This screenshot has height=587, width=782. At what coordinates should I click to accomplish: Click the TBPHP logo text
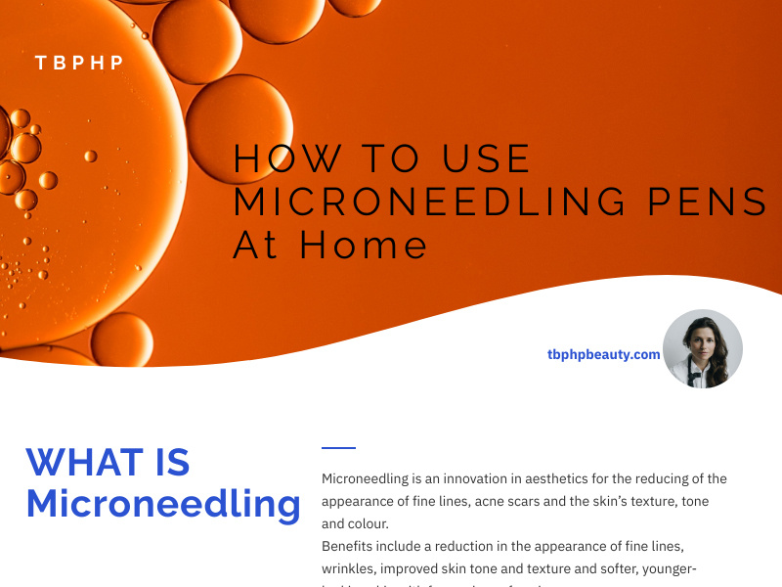coord(79,63)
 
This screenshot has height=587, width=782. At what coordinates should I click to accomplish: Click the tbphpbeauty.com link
coord(603,354)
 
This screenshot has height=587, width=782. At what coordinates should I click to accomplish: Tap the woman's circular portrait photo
coord(702,348)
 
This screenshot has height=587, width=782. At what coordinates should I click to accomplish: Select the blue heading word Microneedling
coord(163,504)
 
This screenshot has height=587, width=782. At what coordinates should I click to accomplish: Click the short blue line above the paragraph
coord(338,448)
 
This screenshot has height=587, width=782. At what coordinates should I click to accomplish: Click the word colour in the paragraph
coord(368,522)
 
